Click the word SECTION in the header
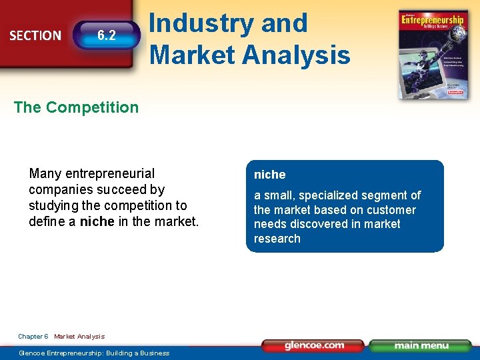coord(35,35)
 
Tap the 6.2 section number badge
coord(107,35)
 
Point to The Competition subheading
coord(76,107)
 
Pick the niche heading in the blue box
coord(269,175)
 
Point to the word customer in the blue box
coord(391,210)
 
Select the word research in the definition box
coord(277,239)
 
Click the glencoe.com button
coord(313,345)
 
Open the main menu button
coord(420,345)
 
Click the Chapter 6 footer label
coord(33,337)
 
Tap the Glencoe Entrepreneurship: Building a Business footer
coord(94,353)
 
